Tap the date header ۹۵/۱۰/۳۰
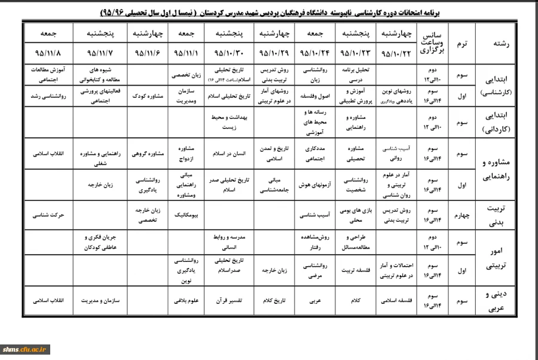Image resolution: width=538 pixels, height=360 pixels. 227,53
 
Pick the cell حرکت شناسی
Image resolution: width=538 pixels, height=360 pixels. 48,213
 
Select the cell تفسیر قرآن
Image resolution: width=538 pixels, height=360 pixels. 227,300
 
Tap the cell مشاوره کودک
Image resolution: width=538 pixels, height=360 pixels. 142,95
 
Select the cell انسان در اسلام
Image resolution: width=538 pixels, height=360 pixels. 227,153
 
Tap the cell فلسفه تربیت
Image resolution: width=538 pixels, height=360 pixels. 354,270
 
